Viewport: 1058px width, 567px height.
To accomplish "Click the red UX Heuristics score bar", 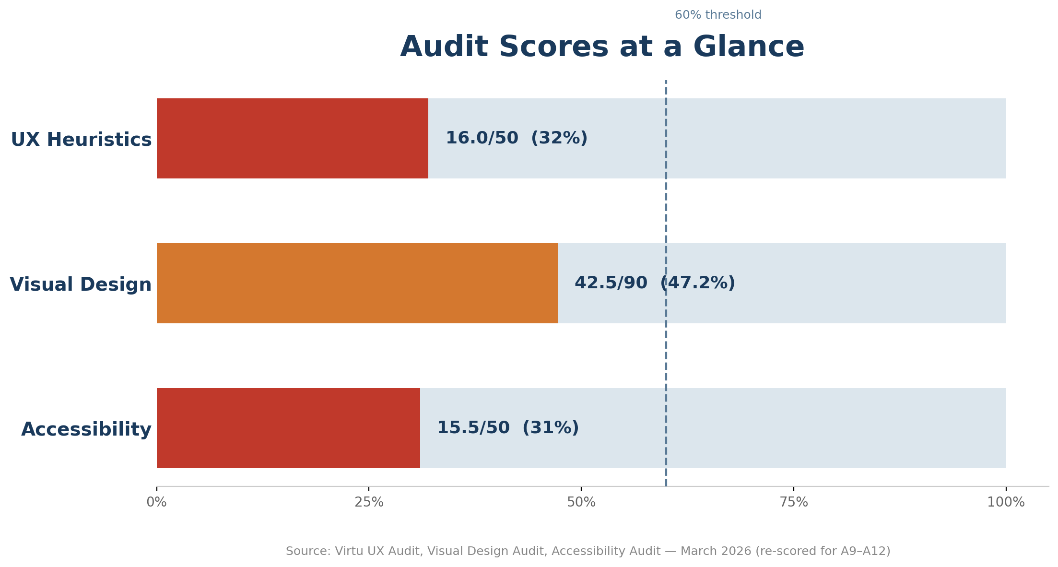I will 292,139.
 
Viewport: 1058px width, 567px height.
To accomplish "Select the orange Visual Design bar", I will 357,283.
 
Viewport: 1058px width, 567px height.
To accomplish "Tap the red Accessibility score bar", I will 288,428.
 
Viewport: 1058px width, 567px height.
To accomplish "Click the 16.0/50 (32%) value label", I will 516,139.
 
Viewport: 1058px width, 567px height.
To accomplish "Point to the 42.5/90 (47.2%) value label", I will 654,283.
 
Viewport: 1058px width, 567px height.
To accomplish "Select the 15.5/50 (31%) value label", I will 507,428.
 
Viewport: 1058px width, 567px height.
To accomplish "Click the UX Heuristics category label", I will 81,140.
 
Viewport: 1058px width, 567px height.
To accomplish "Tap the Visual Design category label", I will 81,285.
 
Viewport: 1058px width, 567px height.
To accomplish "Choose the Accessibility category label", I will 86,430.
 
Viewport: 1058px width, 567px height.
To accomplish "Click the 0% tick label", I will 156,503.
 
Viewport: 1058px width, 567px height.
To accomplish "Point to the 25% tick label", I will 369,503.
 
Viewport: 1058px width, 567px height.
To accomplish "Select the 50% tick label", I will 581,503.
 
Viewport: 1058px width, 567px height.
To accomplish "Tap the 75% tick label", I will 794,503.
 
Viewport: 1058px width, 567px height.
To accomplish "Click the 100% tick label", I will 1006,503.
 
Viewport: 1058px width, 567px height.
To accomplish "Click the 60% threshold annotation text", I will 717,15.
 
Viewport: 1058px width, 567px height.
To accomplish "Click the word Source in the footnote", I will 307,552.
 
